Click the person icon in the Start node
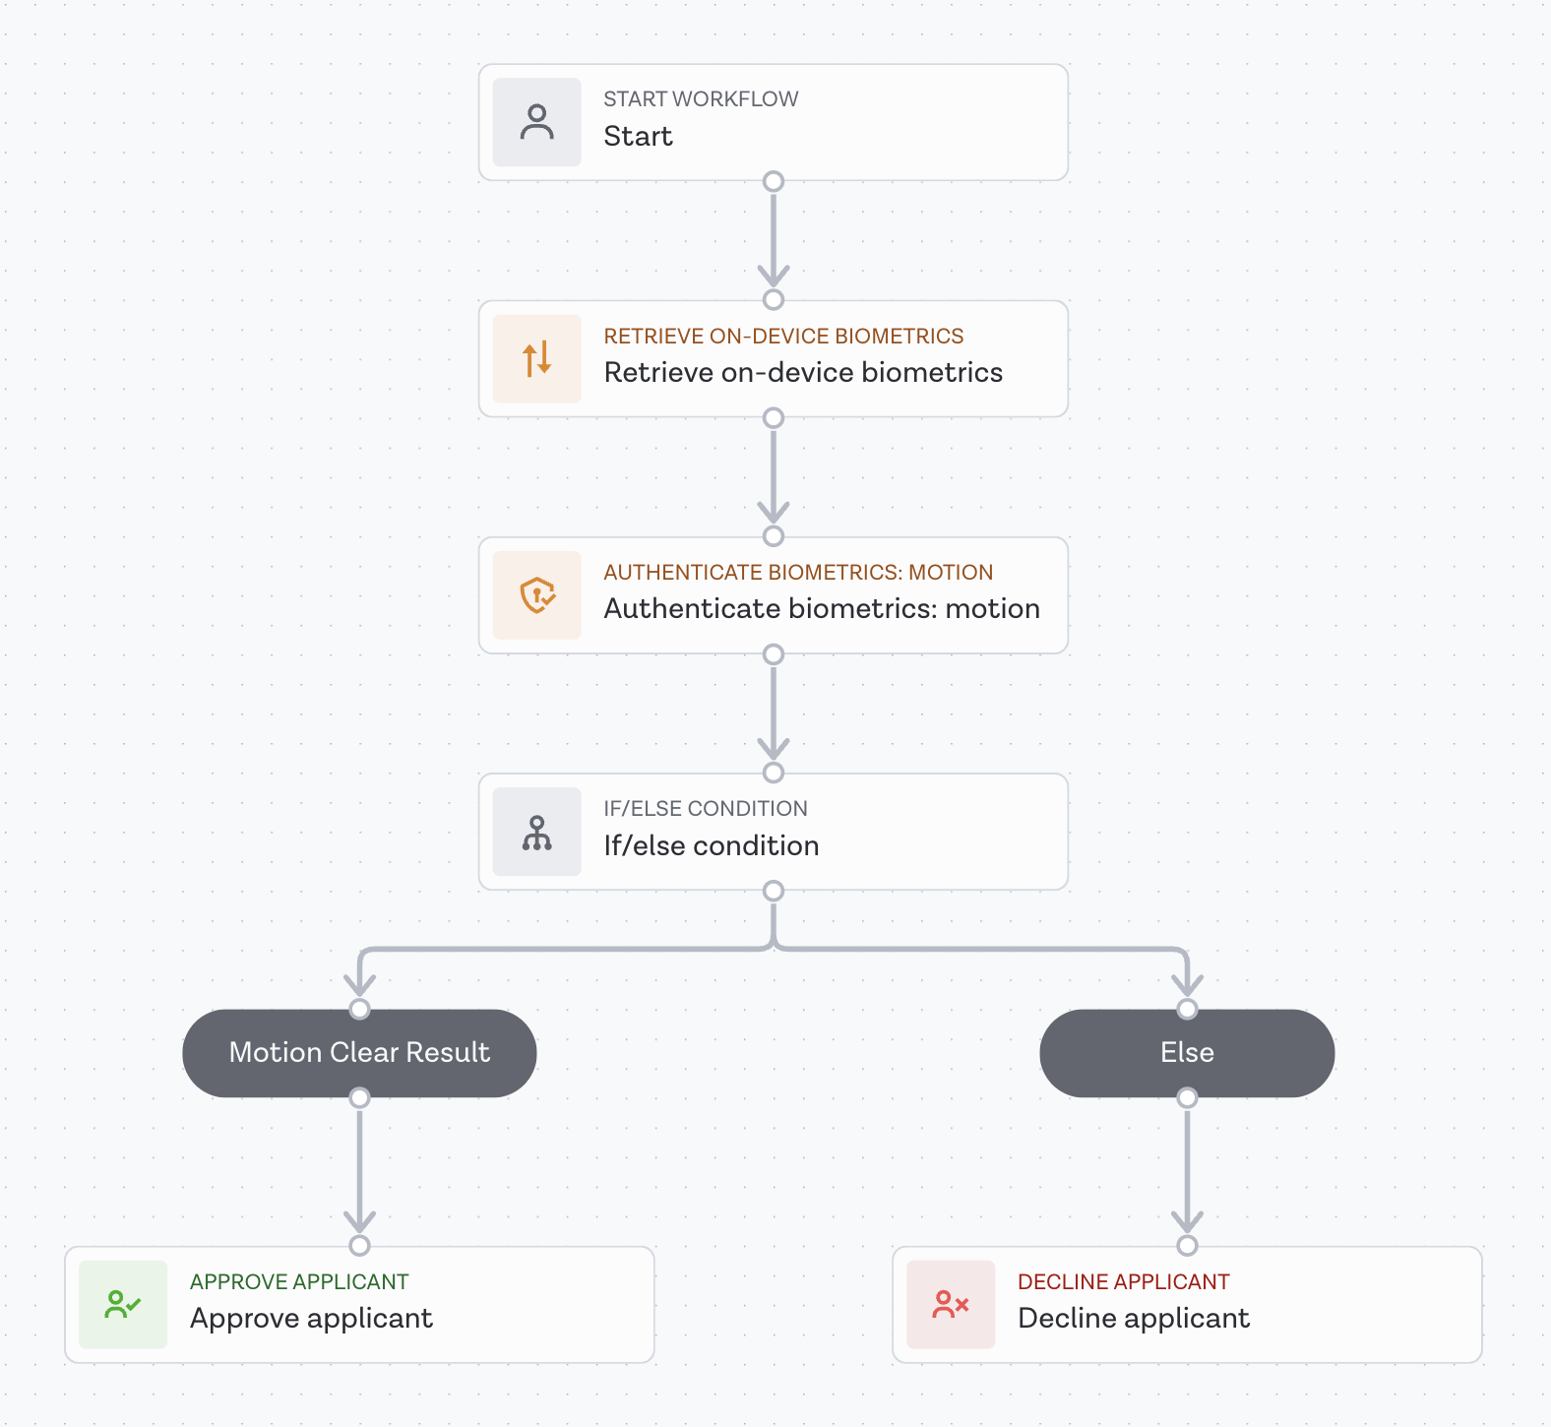[536, 122]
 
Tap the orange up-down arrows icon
[536, 358]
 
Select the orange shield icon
[536, 594]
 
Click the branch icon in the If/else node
[536, 832]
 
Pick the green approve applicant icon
[123, 1304]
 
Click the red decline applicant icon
[951, 1304]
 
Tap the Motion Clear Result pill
[359, 1052]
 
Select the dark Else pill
[1187, 1052]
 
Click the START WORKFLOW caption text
[701, 99]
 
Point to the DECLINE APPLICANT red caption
[1123, 1281]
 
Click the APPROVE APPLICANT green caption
[298, 1281]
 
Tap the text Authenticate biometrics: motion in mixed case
[822, 609]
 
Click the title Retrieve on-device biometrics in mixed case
[803, 373]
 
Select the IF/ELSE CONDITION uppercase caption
[706, 809]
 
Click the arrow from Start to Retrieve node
[774, 241]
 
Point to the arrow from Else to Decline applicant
[1187, 1171]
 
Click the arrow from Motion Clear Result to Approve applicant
[359, 1171]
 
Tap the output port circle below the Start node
[774, 181]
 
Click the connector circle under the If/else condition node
[774, 891]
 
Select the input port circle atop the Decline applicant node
[1187, 1245]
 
